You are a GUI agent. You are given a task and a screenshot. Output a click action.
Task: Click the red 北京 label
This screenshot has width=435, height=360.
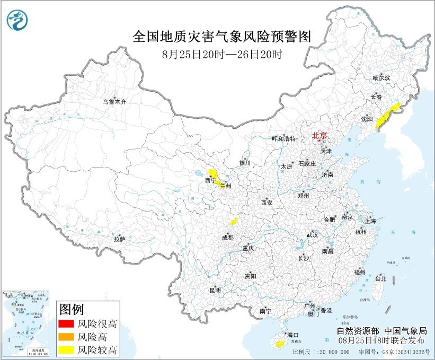pos(319,135)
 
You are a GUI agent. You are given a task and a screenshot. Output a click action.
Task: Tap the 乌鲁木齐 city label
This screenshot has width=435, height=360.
pos(115,101)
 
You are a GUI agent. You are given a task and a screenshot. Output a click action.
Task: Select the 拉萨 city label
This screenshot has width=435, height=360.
pos(119,239)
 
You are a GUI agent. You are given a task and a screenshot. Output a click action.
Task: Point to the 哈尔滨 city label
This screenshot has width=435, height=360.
pos(381,78)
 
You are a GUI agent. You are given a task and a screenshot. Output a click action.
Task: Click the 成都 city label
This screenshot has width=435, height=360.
pos(228,238)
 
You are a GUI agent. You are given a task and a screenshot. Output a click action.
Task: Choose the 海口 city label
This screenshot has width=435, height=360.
pos(293,335)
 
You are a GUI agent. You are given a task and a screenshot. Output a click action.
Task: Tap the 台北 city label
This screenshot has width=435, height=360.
pos(380,278)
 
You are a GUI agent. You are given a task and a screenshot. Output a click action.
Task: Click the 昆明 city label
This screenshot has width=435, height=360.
pos(215,290)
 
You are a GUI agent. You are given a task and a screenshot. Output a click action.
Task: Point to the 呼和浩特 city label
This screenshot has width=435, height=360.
pos(283,138)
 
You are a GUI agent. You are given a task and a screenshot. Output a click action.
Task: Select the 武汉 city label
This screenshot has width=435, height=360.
pos(312,234)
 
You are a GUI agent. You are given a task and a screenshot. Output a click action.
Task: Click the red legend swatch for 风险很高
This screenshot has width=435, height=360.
pos(66,323)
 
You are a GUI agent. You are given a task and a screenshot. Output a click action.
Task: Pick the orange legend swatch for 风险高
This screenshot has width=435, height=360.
pos(66,337)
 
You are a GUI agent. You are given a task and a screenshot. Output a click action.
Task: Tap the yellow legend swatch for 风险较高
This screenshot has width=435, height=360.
pos(66,350)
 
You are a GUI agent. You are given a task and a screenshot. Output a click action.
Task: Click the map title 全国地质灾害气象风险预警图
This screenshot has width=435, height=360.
pos(221,37)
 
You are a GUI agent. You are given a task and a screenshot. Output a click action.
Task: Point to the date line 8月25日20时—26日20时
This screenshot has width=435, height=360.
pos(221,54)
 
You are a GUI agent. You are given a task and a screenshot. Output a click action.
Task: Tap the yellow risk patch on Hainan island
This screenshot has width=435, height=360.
pos(277,345)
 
